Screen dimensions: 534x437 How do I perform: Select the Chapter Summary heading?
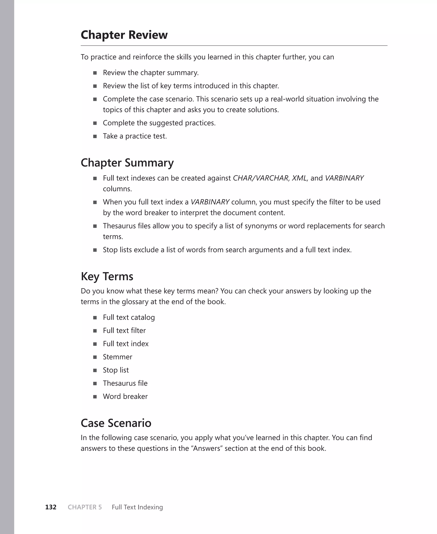tap(127, 163)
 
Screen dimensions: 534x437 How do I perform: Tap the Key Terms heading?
tap(107, 276)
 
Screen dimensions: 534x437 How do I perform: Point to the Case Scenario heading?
tap(116, 423)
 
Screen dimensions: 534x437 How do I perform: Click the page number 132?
tap(51, 507)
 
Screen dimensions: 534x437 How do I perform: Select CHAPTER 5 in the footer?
tap(85, 507)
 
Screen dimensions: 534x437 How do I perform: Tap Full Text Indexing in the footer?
tap(137, 507)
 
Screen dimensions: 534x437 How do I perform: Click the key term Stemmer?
tap(117, 357)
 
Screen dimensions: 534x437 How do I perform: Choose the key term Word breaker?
tap(125, 396)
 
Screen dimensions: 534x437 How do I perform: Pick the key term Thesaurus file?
tap(125, 383)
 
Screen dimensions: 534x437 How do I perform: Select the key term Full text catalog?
tap(129, 317)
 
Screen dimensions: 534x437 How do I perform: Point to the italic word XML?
tap(299, 178)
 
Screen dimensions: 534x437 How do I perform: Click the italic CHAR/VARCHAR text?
tap(261, 178)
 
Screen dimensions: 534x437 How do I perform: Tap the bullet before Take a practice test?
tap(95, 136)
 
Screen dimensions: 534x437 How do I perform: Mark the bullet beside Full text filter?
tap(95, 331)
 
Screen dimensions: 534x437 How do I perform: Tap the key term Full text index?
tap(126, 344)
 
